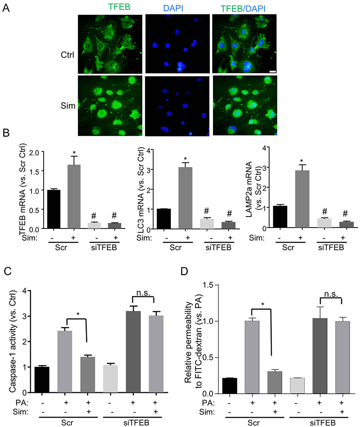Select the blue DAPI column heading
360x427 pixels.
[177, 7]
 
